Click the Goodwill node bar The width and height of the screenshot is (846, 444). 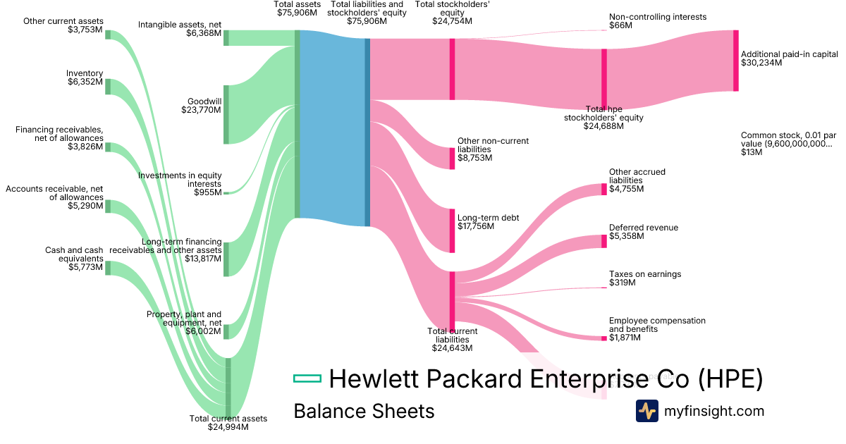(x=226, y=115)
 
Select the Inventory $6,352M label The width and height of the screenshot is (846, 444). (x=85, y=78)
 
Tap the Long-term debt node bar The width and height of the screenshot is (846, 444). (x=452, y=230)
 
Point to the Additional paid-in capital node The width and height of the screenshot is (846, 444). (x=736, y=60)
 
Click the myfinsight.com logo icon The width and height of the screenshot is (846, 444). (x=646, y=411)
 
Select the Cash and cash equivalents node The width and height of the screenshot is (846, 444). (x=108, y=267)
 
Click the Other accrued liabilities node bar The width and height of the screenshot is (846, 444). (x=603, y=189)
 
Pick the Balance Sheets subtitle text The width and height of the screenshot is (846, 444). (x=364, y=411)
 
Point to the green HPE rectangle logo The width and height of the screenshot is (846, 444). (x=307, y=379)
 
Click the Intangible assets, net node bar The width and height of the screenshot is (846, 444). (x=226, y=37)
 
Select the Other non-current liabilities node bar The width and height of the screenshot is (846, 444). (x=452, y=159)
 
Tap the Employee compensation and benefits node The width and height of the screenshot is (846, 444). (x=603, y=338)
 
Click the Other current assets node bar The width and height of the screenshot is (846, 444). (x=108, y=35)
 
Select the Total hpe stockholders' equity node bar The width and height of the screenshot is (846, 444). (x=603, y=78)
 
